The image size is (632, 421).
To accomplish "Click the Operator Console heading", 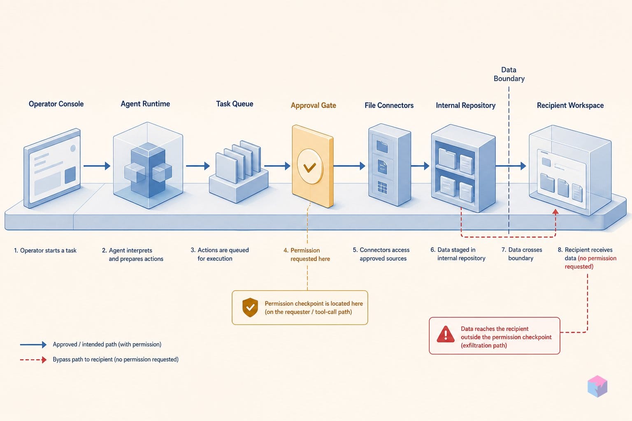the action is point(56,104).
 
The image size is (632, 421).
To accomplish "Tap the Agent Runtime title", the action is point(145,104).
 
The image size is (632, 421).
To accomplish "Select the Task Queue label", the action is point(235,104).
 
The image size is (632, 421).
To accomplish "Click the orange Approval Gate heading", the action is point(314,106).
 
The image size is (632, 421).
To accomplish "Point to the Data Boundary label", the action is point(509,74).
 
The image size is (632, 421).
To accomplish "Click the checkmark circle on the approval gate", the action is point(310,167).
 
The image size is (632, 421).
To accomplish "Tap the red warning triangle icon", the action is point(446,334).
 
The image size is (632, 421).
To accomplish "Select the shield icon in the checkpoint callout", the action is point(250,308).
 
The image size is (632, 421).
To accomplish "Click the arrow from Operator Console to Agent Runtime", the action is point(97,166).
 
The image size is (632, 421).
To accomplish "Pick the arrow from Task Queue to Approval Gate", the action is point(277,166).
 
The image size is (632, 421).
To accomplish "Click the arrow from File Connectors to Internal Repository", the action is point(420,166).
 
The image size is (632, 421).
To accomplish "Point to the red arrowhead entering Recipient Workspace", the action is point(555,212).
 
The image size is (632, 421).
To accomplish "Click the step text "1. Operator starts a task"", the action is point(45,250).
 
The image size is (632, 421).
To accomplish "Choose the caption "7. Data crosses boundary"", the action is point(522,254).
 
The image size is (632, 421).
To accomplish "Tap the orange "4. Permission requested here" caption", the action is point(307,254).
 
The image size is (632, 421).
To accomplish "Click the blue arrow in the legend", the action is point(33,344).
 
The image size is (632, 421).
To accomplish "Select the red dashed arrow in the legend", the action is point(33,359).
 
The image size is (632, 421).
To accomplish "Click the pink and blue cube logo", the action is point(597,386).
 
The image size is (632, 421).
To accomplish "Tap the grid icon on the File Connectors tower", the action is point(382,187).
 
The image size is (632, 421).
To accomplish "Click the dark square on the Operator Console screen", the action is point(70,175).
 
